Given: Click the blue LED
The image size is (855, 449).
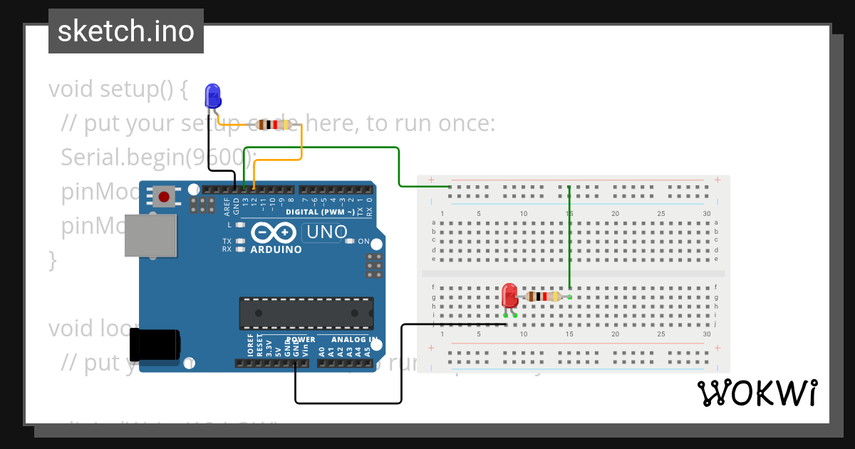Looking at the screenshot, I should (212, 96).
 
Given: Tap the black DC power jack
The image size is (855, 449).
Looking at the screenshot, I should (158, 344).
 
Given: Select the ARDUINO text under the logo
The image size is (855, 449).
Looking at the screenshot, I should (276, 249).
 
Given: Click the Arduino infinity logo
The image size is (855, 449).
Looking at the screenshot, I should (274, 233).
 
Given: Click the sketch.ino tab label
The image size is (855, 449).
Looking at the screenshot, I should (126, 31).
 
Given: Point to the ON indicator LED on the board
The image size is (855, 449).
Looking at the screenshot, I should (349, 242).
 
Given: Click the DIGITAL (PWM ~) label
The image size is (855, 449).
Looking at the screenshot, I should (320, 212).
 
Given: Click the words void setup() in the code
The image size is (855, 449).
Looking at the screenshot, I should (118, 89).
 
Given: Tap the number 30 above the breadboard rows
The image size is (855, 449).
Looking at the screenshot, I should (706, 214).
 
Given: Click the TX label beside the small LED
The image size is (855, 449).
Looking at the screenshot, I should (227, 242).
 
